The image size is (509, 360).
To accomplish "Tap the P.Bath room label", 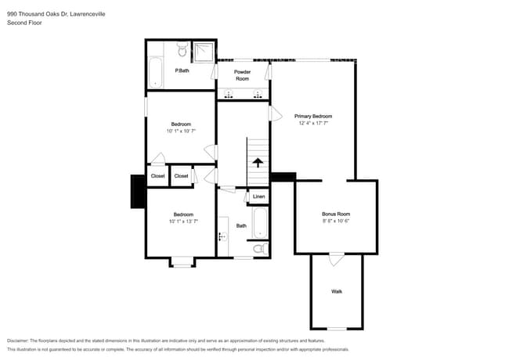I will pyautogui.click(x=182, y=70).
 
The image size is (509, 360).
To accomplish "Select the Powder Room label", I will pyautogui.click(x=243, y=75).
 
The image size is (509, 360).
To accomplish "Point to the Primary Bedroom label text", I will pyautogui.click(x=313, y=116).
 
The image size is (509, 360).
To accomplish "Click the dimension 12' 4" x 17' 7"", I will pyautogui.click(x=313, y=123).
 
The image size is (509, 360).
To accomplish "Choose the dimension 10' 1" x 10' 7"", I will pyautogui.click(x=182, y=131).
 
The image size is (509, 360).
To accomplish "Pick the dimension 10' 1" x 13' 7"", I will pyautogui.click(x=183, y=221).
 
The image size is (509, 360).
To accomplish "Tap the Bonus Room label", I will pyautogui.click(x=336, y=214).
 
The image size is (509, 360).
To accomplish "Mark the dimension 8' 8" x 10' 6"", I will pyautogui.click(x=336, y=221).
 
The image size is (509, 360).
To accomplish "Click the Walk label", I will pyautogui.click(x=337, y=291).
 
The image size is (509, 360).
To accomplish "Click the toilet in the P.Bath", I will pyautogui.click(x=181, y=52).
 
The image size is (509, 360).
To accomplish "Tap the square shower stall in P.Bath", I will pyautogui.click(x=204, y=52).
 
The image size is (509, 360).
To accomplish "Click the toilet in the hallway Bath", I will pyautogui.click(x=262, y=249).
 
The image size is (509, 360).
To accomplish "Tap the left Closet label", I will pyautogui.click(x=158, y=176).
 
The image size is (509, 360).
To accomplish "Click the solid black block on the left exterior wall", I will pyautogui.click(x=138, y=192).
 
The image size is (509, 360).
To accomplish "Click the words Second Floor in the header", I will pyautogui.click(x=23, y=23).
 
